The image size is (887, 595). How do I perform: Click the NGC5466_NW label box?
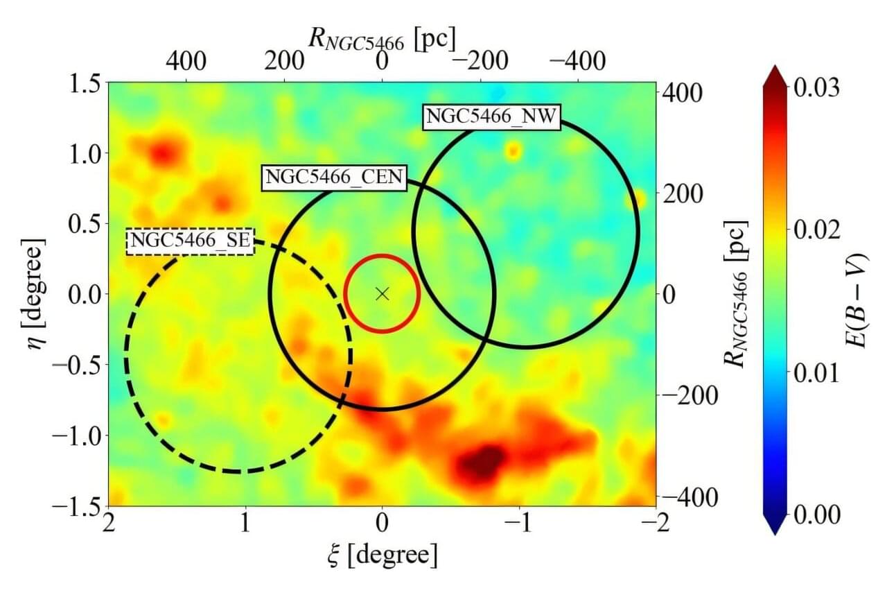tap(491, 116)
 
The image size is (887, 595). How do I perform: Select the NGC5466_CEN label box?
tap(333, 177)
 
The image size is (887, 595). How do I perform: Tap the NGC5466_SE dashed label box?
tap(190, 241)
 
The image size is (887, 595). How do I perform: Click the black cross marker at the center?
tap(382, 293)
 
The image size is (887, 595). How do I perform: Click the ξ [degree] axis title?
tap(383, 554)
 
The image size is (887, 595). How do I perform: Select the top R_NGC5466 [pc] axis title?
tap(382, 40)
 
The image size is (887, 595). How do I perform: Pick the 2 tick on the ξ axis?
tap(108, 524)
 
